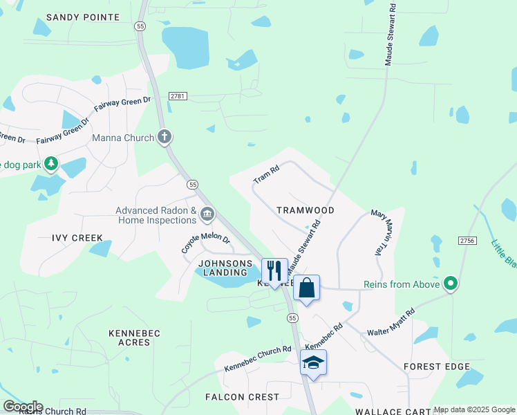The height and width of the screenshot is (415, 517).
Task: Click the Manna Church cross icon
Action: [x=164, y=137]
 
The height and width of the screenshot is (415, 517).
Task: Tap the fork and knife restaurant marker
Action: [x=274, y=270]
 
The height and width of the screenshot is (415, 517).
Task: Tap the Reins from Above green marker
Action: [x=451, y=284]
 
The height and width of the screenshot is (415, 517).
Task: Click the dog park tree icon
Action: [x=50, y=164]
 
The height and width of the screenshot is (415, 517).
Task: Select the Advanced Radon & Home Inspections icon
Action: [x=207, y=215]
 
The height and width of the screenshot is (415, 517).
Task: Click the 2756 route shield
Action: [x=467, y=240]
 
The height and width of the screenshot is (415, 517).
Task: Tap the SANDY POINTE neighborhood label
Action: [x=83, y=17]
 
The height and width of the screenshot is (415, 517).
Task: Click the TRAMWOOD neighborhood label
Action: [x=305, y=210]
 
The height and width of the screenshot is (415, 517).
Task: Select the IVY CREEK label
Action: [x=77, y=238]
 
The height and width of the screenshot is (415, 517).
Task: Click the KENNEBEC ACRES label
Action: [x=134, y=338]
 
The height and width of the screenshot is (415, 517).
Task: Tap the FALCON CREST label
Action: [x=242, y=397]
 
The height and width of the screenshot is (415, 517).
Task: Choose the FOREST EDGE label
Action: [x=437, y=367]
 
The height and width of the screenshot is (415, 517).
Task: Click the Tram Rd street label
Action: [x=266, y=174]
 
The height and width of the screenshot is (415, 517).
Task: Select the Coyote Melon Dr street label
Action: [x=205, y=242]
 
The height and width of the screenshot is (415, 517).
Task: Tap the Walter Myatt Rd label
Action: [x=391, y=322]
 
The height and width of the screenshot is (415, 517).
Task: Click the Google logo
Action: [x=23, y=407]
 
